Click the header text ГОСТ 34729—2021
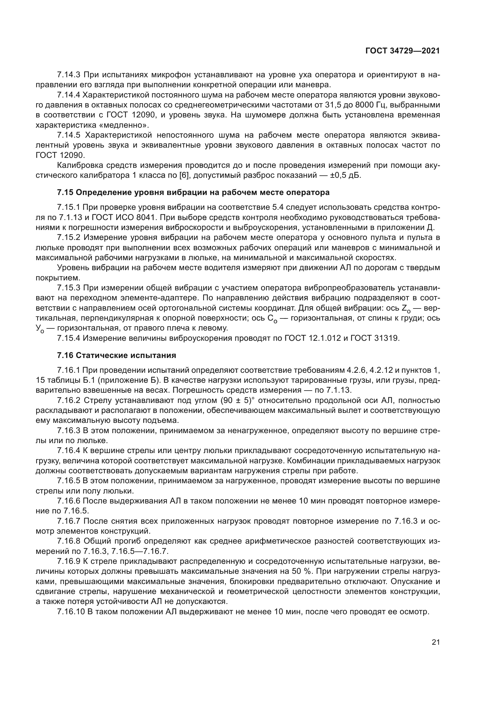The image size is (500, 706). click(402, 51)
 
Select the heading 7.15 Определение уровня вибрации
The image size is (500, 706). click(193, 193)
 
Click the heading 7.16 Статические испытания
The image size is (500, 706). click(116, 356)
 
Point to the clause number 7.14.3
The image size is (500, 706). click(69, 75)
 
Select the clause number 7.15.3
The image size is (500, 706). click(69, 288)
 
